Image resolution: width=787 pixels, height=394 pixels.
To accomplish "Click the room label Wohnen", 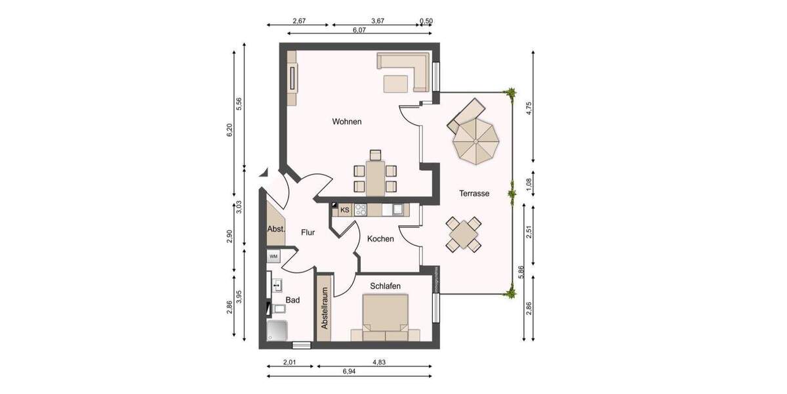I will click(x=346, y=121).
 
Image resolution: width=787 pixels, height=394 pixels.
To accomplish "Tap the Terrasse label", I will click(x=474, y=194).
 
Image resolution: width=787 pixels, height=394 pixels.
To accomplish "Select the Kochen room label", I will click(x=380, y=238).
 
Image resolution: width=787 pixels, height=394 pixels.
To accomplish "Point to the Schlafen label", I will click(x=386, y=286).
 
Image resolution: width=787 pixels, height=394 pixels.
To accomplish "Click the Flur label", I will click(x=308, y=232).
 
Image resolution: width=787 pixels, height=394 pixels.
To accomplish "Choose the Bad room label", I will click(x=293, y=300).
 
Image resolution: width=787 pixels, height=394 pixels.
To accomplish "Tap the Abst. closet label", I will click(x=275, y=229).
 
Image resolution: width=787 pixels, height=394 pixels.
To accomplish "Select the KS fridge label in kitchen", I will click(x=344, y=210).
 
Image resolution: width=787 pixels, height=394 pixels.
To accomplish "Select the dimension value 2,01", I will click(x=291, y=361).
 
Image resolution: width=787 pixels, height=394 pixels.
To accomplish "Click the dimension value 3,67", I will click(x=378, y=21).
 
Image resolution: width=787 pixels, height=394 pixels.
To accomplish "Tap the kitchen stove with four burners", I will click(x=361, y=210).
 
